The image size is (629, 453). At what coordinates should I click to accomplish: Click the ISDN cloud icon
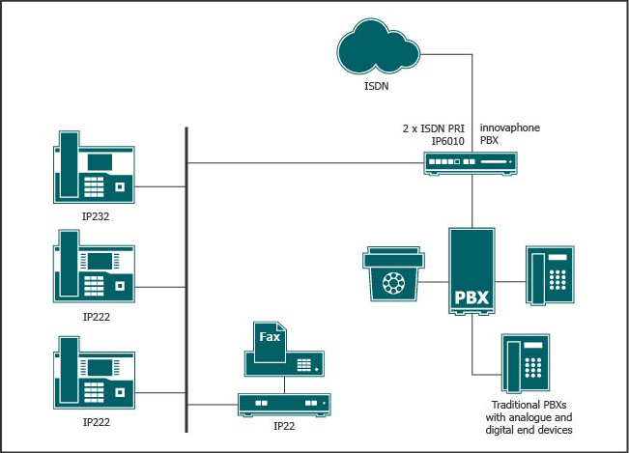(378, 47)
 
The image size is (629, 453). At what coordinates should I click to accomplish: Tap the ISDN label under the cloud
(376, 86)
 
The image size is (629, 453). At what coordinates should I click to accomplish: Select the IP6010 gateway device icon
(471, 163)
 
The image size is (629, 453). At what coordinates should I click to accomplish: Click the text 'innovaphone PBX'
(510, 134)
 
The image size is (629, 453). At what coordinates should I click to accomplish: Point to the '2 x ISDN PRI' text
(434, 128)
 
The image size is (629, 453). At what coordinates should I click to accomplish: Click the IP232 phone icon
(94, 167)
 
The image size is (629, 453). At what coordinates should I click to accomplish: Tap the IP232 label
(96, 216)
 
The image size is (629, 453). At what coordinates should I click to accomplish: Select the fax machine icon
(284, 350)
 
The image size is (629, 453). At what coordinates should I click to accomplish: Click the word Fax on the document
(270, 337)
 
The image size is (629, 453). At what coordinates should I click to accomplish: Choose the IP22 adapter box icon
(284, 405)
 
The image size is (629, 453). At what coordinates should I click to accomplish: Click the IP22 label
(284, 426)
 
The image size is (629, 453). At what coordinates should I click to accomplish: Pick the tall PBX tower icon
(472, 271)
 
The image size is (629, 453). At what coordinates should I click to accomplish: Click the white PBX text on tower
(472, 297)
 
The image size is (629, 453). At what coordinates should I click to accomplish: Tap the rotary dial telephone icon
(393, 273)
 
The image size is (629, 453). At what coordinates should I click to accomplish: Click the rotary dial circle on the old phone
(393, 283)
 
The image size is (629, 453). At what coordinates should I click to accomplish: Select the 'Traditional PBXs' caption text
(529, 405)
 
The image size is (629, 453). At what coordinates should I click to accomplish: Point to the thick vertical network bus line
(186, 280)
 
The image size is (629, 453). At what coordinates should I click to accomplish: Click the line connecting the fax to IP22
(284, 385)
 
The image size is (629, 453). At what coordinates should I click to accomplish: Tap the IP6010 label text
(448, 141)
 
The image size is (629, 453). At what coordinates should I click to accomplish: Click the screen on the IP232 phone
(100, 162)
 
